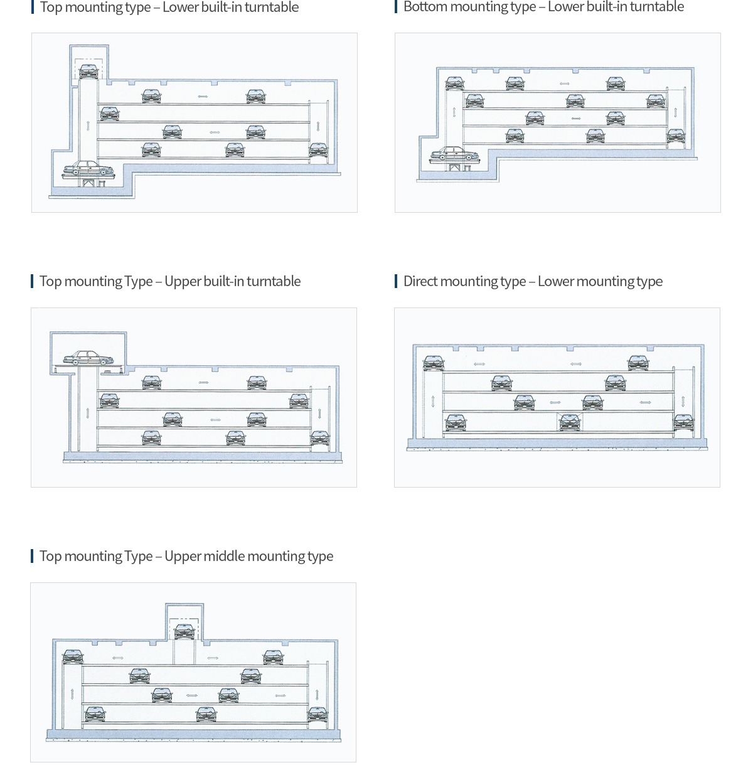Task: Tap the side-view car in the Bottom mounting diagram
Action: (x=454, y=154)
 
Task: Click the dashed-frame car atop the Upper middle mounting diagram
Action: (x=184, y=631)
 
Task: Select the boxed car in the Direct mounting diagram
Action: (x=569, y=422)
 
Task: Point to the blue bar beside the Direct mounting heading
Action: (x=396, y=281)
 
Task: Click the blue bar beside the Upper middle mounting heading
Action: (x=32, y=556)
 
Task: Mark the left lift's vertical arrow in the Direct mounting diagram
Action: (x=433, y=401)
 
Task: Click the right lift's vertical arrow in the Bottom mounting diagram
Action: (x=676, y=112)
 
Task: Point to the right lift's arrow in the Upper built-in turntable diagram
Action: (x=319, y=414)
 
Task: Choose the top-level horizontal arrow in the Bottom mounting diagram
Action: (x=565, y=84)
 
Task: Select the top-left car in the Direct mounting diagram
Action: (x=433, y=363)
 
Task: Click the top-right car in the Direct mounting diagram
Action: (x=638, y=363)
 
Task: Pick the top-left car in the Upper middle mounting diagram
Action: (x=73, y=657)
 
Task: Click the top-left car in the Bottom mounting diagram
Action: (x=455, y=83)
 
